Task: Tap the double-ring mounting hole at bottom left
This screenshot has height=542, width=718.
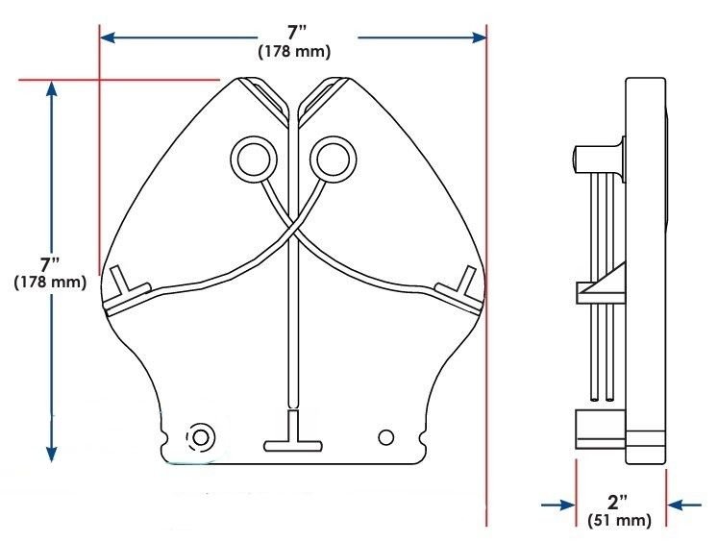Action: point(200,437)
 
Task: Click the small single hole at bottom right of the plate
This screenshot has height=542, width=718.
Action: point(386,437)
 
